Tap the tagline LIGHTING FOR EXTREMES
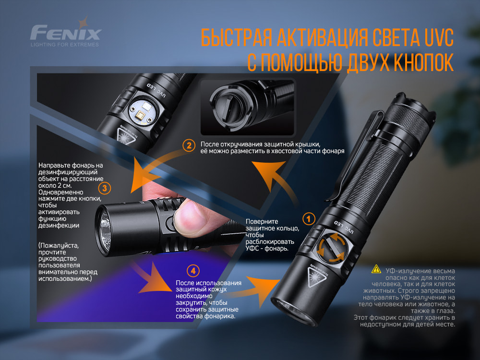(x=64, y=45)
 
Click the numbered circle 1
(x=308, y=219)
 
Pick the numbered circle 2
(x=189, y=145)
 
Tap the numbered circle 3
(x=105, y=187)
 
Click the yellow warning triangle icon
(x=376, y=271)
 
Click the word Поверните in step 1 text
(x=262, y=222)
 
